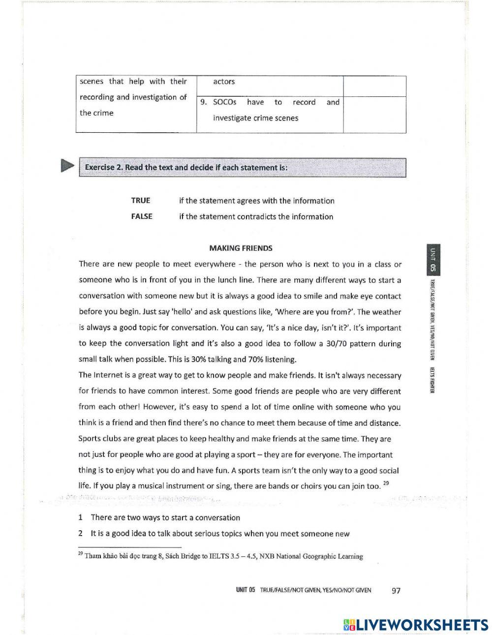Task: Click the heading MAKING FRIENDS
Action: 241,248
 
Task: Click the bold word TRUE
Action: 141,201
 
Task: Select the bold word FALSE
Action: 142,216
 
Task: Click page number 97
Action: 396,591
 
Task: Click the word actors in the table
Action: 224,82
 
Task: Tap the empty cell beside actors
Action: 374,86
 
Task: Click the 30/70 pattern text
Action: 356,344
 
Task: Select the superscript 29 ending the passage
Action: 386,484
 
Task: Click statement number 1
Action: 80,517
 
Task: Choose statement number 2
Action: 80,533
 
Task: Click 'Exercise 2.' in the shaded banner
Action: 104,167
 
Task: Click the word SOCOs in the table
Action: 225,102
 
